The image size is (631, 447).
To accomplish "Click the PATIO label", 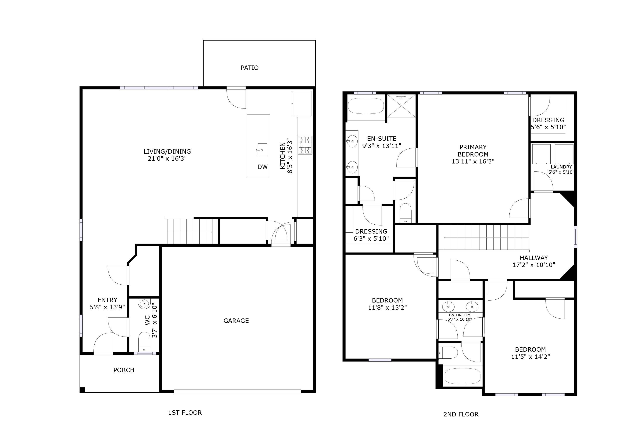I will tap(249, 68).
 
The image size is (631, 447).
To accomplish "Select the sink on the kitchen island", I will tap(262, 150).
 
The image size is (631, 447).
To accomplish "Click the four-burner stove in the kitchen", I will tap(305, 145).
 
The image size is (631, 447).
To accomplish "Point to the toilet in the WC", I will tap(144, 342).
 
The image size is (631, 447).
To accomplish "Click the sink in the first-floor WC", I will tap(144, 304).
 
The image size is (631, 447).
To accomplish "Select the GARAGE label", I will tap(236, 321).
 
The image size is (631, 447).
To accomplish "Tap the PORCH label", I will tap(124, 370).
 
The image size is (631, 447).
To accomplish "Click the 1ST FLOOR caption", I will tap(185, 413).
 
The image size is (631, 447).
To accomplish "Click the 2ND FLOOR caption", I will tap(461, 414).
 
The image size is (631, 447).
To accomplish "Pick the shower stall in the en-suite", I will tap(401, 106).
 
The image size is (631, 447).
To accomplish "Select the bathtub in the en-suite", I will tap(366, 106).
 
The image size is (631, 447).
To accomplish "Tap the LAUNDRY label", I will tap(561, 167).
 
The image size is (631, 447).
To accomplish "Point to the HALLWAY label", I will tap(533, 258).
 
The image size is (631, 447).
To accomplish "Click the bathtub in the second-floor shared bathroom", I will tap(462, 376).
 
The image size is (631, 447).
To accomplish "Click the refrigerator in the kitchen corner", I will tap(302, 103).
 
